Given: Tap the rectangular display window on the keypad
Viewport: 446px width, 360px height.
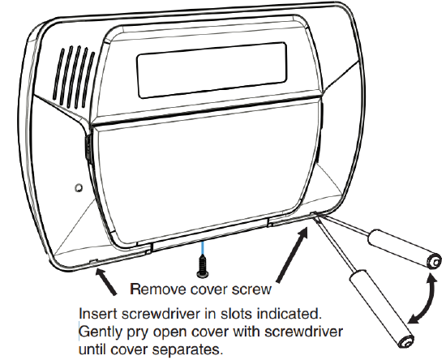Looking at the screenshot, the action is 212,71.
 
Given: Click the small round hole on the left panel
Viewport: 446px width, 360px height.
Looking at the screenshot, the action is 79,187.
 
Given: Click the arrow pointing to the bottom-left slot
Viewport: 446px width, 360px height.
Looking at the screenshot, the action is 105,281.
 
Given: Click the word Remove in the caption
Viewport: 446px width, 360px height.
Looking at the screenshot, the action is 158,289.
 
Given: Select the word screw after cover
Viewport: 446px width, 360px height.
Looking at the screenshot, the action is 251,289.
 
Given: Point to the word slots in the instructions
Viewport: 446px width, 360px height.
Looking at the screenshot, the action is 235,314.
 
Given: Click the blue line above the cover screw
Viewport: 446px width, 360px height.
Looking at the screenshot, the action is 203,248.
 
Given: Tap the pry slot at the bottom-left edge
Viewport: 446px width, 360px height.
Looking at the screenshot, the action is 94,260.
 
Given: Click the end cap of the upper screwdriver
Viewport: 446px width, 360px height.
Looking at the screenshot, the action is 434,261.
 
